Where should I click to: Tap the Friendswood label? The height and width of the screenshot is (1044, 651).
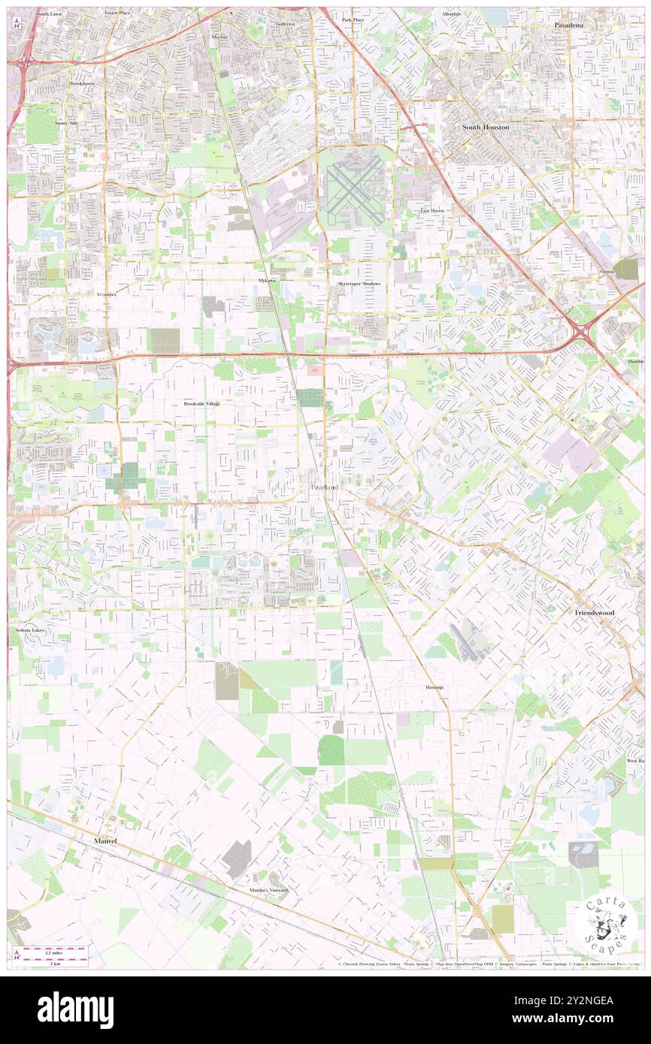pos(595,613)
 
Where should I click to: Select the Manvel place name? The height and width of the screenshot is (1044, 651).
pos(106,841)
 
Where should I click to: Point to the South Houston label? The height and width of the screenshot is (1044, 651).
pos(486,128)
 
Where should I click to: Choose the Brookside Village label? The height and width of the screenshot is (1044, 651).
pos(202,404)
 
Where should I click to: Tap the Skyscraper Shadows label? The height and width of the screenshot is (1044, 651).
pos(359,284)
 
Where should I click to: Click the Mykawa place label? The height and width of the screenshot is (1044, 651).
pos(263,280)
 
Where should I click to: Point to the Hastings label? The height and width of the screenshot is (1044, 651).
pos(435,687)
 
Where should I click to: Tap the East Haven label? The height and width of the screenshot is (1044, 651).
pos(431,211)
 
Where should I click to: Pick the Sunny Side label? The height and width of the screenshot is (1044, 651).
pos(66,122)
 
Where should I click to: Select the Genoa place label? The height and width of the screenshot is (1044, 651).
pos(607,271)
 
